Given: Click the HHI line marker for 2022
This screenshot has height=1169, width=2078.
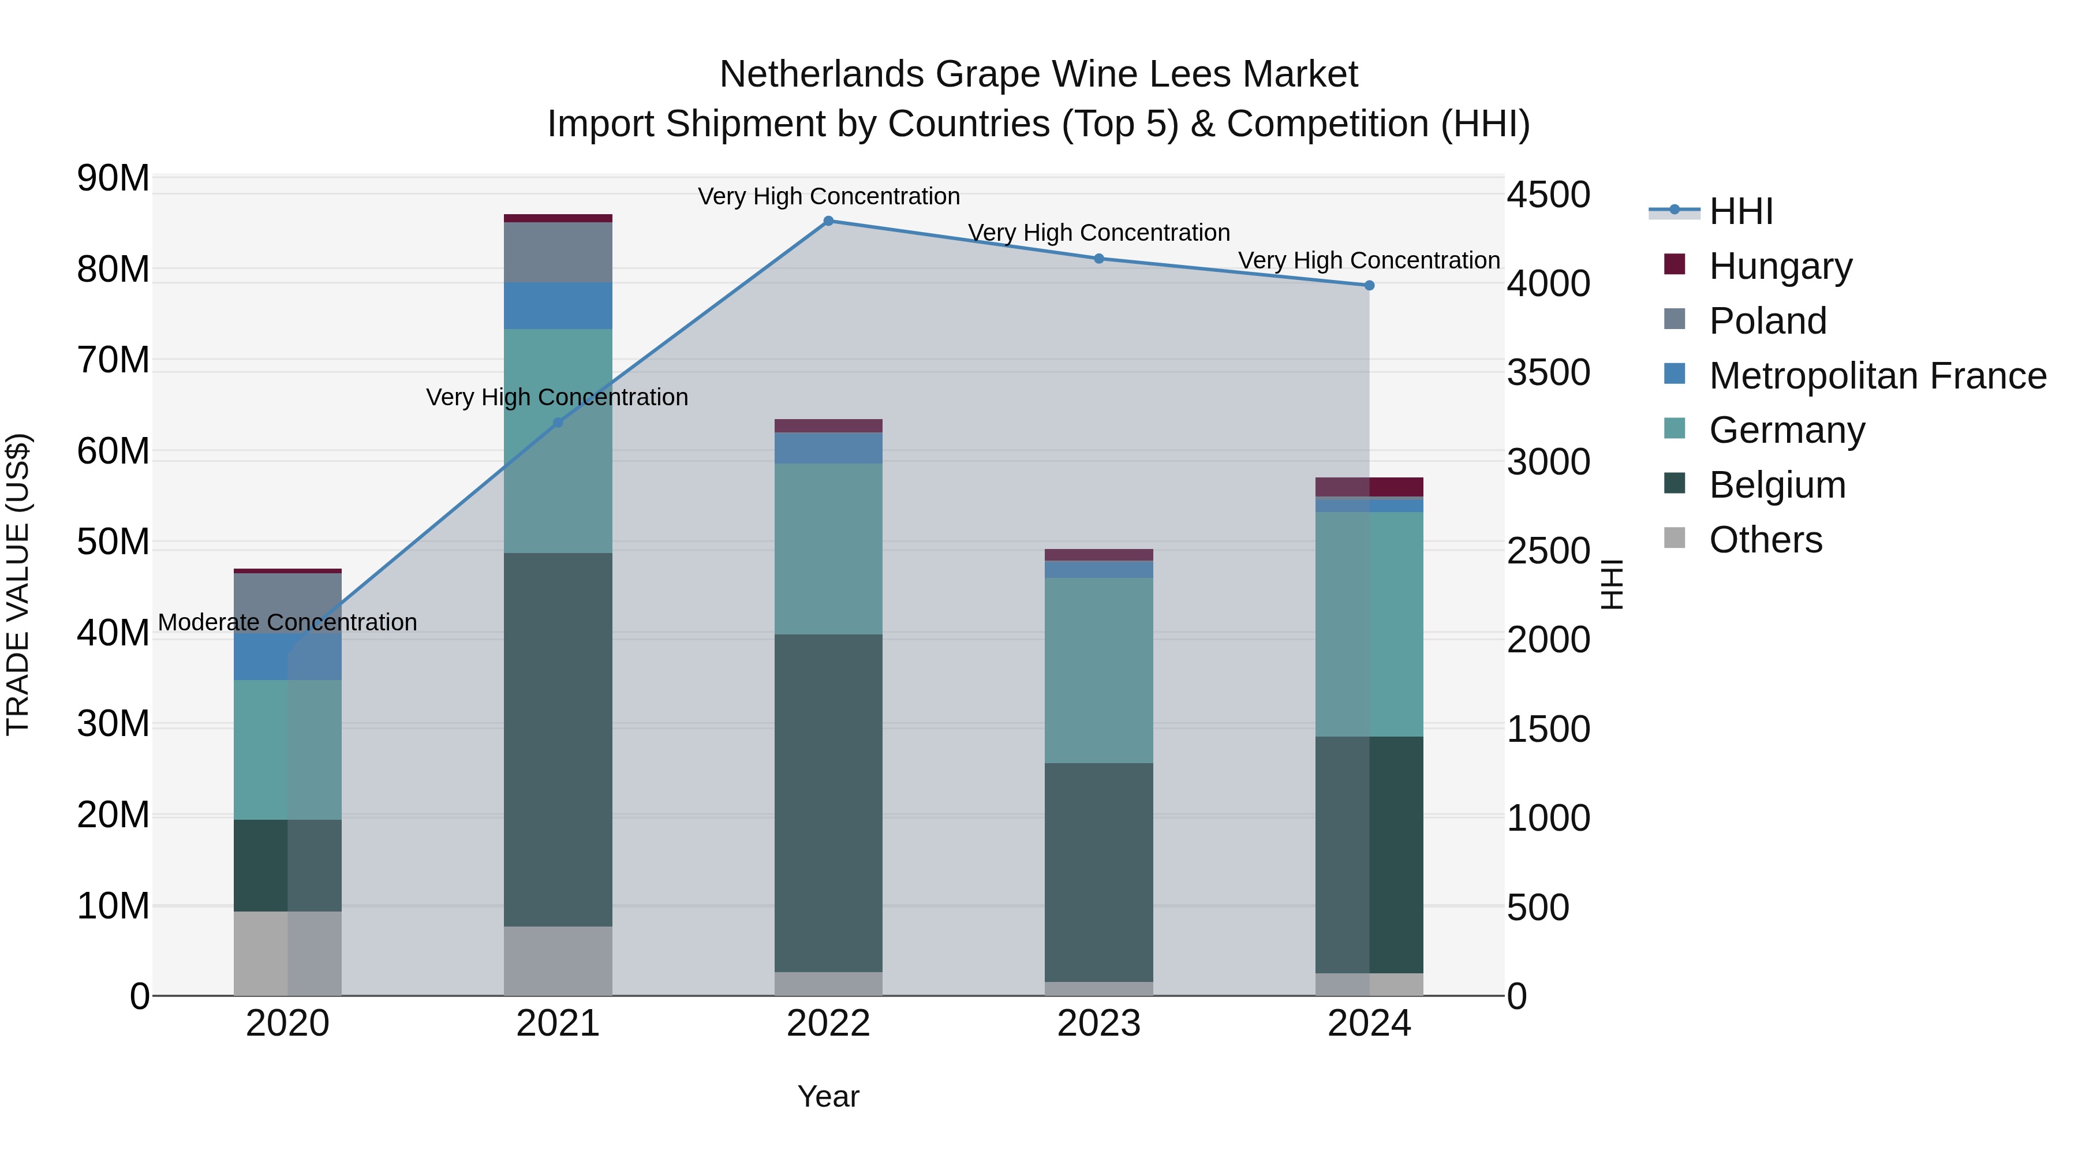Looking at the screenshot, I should tap(828, 221).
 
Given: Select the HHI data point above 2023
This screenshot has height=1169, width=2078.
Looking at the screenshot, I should tap(1098, 259).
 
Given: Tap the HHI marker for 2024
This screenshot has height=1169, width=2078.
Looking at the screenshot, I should tap(1369, 286).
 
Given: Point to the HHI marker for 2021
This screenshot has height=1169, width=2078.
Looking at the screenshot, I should tap(558, 423).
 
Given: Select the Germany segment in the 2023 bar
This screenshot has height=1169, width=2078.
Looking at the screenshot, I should tap(1098, 670).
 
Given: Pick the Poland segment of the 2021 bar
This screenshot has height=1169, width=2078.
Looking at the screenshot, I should tap(558, 252).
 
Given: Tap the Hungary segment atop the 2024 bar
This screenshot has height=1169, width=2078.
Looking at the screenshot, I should tap(1369, 487).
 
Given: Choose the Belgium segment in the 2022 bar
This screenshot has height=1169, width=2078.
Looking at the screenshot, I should tap(828, 803).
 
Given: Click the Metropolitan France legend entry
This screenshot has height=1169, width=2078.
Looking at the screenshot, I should tap(1877, 376).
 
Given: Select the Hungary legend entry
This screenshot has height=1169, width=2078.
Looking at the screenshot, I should tap(1780, 266).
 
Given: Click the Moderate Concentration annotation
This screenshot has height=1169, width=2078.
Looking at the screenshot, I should tap(287, 623).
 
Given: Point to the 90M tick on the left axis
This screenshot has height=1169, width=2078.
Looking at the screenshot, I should tap(113, 178).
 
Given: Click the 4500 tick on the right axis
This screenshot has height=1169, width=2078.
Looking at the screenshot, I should tap(1548, 195).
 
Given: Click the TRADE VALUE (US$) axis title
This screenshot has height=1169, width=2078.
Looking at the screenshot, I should tap(18, 584).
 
